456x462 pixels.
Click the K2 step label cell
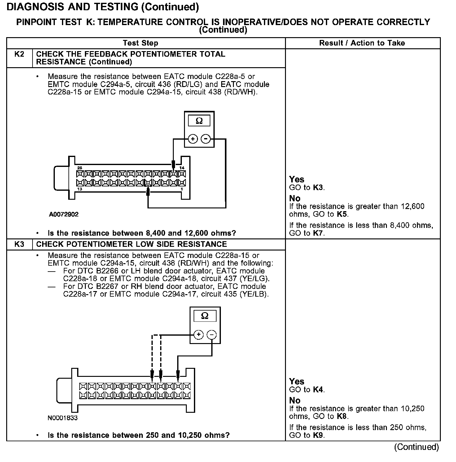coord(19,54)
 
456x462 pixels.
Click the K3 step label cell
coord(19,244)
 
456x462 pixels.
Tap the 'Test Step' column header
coord(140,43)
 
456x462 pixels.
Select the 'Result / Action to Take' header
coord(362,43)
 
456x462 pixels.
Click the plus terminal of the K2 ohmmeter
coord(193,139)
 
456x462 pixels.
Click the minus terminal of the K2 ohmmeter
coord(206,139)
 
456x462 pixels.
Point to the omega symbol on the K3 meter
coord(205,316)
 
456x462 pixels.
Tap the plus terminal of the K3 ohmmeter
coord(198,334)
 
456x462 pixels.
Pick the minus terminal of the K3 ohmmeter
coord(212,334)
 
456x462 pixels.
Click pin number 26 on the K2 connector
coord(80,168)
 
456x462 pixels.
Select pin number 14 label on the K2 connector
coord(182,168)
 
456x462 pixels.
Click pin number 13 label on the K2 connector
coord(80,189)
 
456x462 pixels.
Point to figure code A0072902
coord(64,214)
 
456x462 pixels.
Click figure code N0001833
coord(63,418)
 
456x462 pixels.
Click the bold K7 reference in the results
coord(318,233)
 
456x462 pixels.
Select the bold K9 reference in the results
coord(318,435)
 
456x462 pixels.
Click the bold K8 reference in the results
coord(341,416)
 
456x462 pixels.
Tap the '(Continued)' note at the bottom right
coord(416,447)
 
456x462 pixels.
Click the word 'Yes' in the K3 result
coord(296,381)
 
